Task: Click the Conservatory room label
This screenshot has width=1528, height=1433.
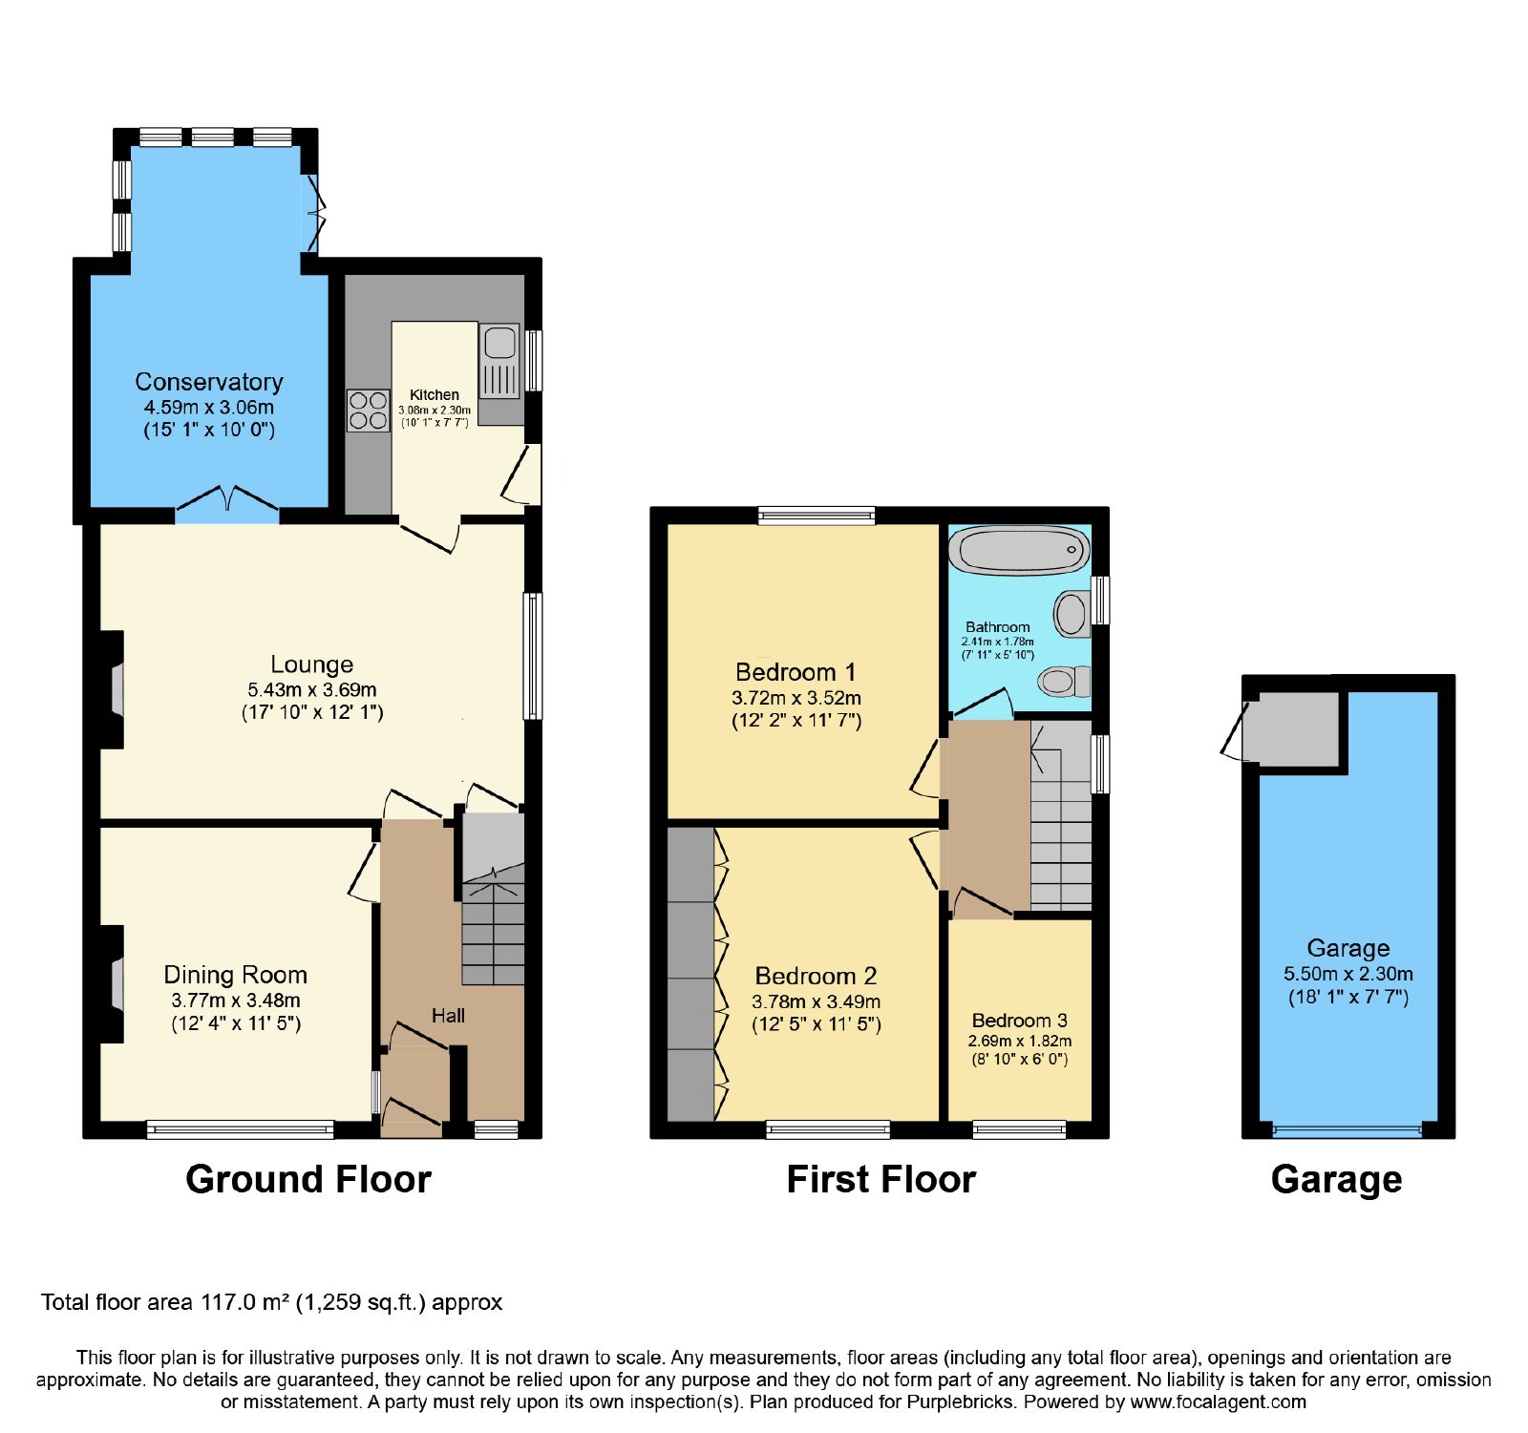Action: (209, 382)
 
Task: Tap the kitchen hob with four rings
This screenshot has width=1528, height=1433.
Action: (368, 411)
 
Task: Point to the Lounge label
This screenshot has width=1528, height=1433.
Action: (312, 664)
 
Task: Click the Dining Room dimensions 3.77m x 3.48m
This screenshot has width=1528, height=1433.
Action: (236, 1001)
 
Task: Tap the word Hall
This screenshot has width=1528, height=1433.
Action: (448, 1016)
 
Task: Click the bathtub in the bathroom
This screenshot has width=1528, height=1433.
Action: (1020, 550)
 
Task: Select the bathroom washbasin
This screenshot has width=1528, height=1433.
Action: (1072, 613)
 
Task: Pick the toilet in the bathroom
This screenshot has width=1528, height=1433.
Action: (1064, 681)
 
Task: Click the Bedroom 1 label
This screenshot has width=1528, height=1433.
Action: (796, 672)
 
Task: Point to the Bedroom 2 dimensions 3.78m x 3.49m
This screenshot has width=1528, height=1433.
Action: (817, 1001)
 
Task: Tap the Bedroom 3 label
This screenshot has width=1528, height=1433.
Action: (1020, 1021)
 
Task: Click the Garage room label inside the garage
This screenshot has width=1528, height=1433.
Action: (1348, 948)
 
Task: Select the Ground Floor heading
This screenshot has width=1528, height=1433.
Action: (308, 1180)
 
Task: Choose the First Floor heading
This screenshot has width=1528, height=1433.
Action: (881, 1180)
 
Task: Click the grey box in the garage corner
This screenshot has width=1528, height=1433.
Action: (1299, 729)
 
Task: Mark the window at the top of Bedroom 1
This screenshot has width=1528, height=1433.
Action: (817, 516)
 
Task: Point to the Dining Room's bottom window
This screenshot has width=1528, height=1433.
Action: (241, 1130)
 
